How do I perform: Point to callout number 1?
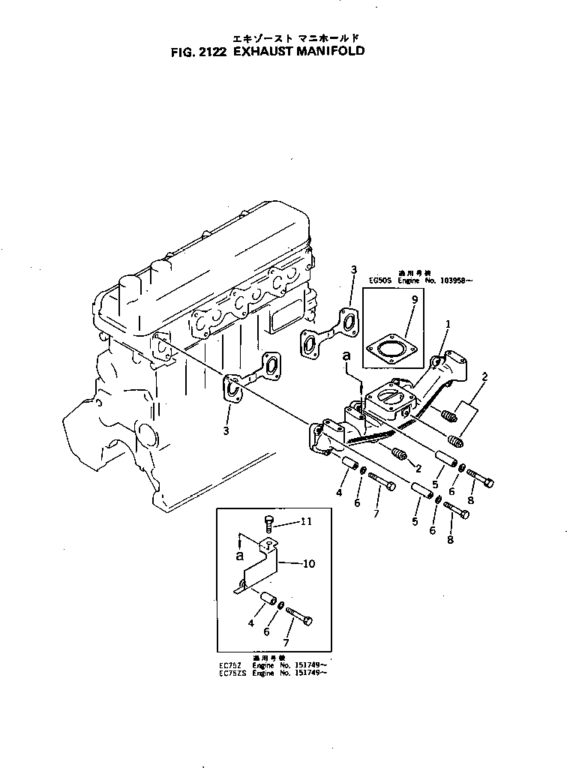[x=448, y=324]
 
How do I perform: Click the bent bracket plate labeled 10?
[x=259, y=570]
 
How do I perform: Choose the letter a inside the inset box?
[x=239, y=556]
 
